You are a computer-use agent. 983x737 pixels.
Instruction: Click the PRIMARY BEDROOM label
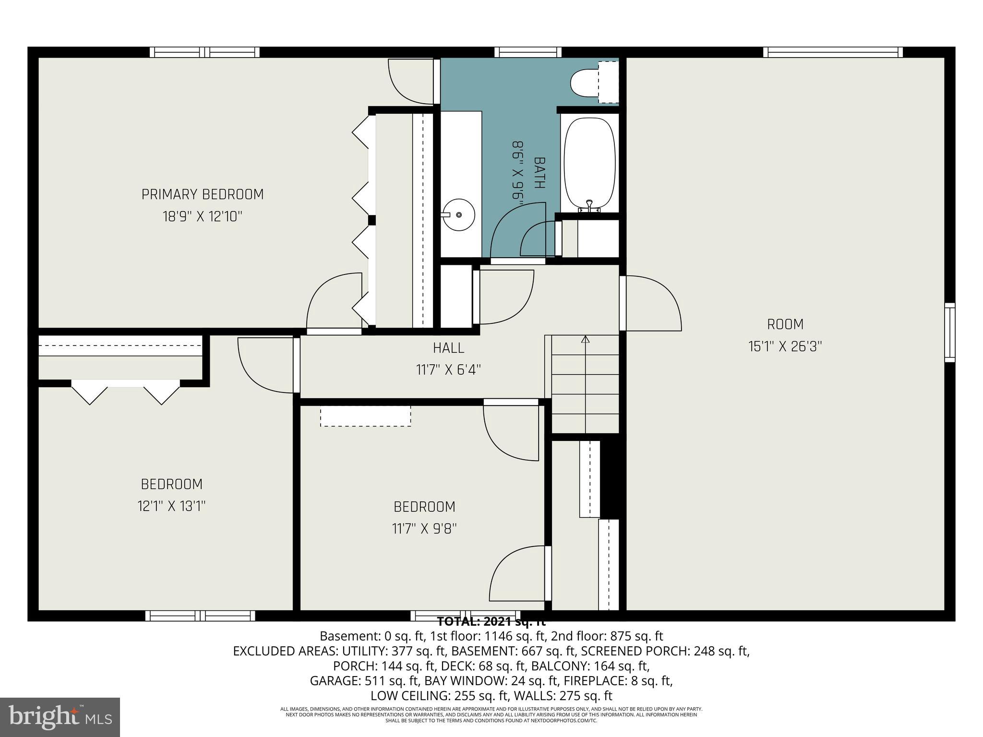coord(203,194)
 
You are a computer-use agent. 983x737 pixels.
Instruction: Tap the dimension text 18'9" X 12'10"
coord(203,216)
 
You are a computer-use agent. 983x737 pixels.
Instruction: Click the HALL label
coord(448,347)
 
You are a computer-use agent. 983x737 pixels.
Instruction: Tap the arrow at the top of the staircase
coord(585,340)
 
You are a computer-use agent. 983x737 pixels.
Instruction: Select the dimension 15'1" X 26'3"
coord(785,346)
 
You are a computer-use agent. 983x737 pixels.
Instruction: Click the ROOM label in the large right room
coord(785,324)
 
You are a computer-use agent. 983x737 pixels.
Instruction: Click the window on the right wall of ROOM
coord(949,333)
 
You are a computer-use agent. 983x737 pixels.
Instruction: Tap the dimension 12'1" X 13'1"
coord(171,506)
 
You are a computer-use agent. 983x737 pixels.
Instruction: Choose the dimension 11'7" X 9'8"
coord(424,529)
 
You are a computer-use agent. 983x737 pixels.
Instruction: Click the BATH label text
coord(539,173)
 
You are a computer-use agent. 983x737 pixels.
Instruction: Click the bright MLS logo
coord(60,717)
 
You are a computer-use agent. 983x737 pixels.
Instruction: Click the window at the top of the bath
coord(527,52)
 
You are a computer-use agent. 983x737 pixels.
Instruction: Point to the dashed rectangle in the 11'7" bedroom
coord(365,416)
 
